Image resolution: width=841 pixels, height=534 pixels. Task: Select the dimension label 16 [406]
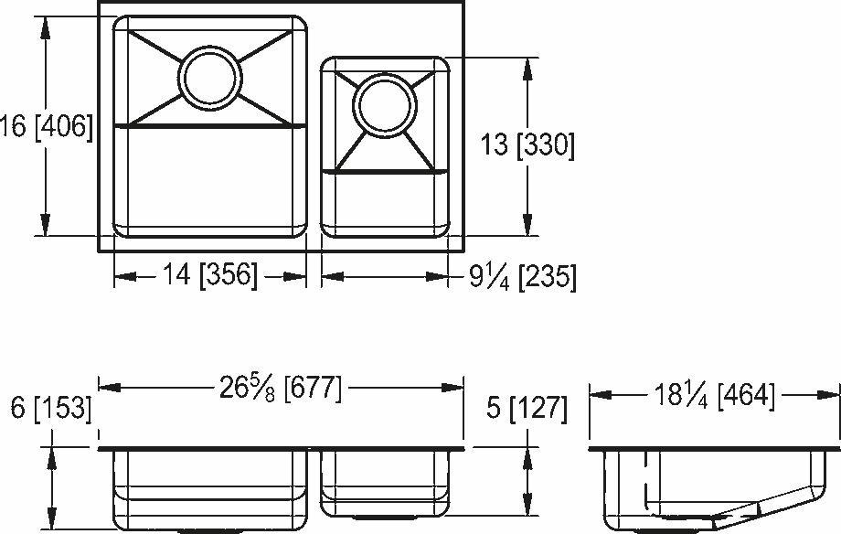(x=47, y=126)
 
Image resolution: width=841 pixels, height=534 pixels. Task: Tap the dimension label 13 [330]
(x=527, y=145)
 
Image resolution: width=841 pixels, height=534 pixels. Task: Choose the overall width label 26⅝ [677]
(x=280, y=390)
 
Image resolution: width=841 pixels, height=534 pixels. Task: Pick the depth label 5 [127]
(x=525, y=409)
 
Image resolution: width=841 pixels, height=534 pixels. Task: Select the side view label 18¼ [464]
(x=714, y=395)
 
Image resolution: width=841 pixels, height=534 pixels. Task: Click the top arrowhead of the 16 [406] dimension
(x=44, y=26)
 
